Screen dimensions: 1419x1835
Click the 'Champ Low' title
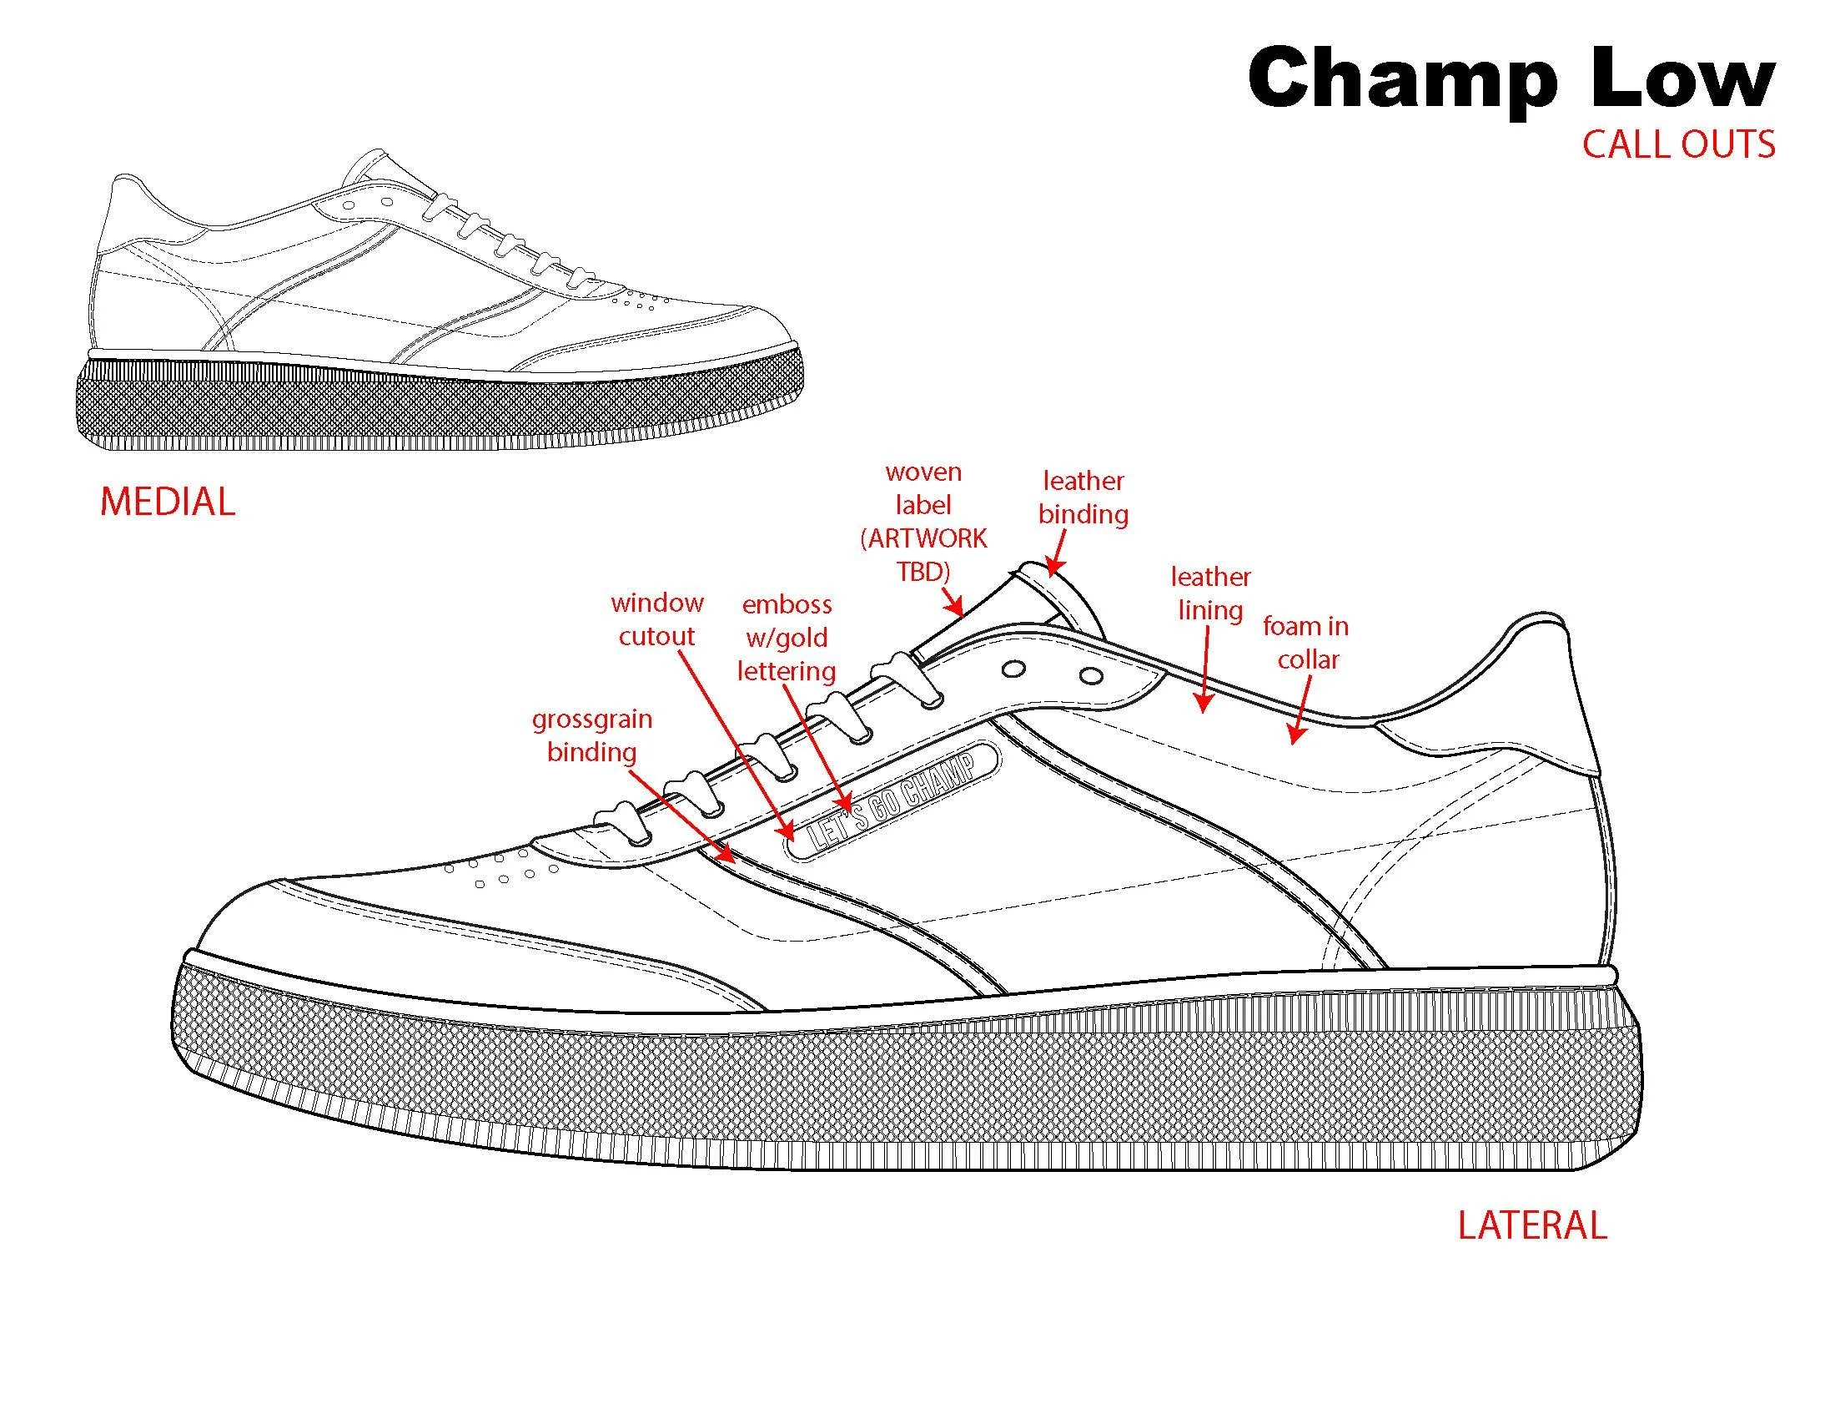(1511, 78)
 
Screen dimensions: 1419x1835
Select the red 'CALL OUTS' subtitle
(1678, 144)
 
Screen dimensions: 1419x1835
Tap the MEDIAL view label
(167, 502)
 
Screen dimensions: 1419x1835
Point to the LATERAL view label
(1531, 1225)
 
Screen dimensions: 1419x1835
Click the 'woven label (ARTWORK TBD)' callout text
(923, 522)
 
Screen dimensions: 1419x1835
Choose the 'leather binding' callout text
(1083, 497)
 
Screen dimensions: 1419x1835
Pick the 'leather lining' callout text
(1210, 593)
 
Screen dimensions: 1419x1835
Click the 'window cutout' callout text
(657, 619)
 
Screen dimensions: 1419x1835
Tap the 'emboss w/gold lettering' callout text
(787, 638)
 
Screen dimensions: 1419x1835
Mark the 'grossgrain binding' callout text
(591, 735)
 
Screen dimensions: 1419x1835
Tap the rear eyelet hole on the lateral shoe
(1091, 675)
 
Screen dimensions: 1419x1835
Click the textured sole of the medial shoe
(437, 407)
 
